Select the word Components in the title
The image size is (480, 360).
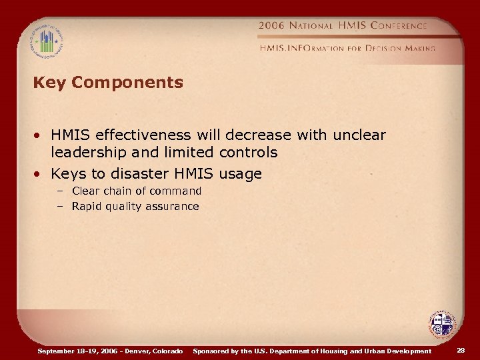coord(127,83)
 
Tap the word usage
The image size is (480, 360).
coord(238,174)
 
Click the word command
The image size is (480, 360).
coord(175,191)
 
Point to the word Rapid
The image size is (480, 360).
coord(86,207)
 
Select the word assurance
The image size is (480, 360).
coord(171,207)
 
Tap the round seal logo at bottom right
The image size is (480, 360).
coord(440,326)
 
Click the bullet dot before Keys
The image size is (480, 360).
coord(40,175)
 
